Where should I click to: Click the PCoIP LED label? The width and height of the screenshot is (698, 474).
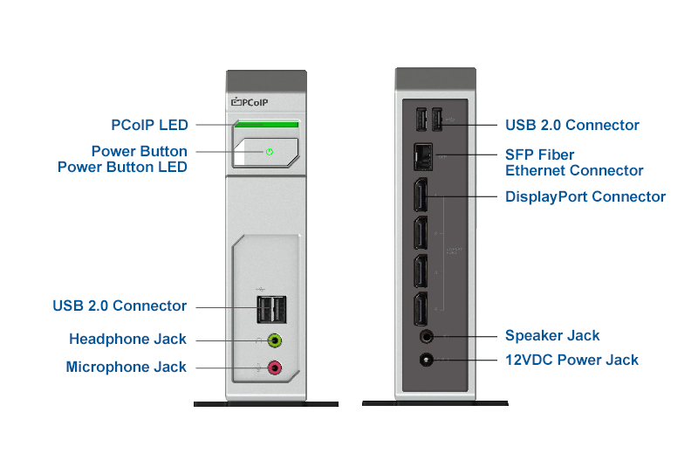point(149,125)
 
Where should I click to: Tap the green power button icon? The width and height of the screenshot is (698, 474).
point(270,152)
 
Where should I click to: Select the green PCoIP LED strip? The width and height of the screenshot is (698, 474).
point(266,125)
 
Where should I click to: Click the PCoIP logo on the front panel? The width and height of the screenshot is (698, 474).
point(250,103)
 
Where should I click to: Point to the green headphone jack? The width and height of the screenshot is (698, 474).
point(275,340)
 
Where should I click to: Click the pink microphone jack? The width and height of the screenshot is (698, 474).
point(275,368)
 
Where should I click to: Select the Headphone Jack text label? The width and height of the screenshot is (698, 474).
point(127,339)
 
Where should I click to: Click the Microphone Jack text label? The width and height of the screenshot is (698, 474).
point(126,368)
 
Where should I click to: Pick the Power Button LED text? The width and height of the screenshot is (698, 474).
point(122,167)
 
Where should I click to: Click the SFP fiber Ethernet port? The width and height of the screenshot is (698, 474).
point(422,155)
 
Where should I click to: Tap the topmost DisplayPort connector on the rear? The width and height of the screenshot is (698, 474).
point(421,194)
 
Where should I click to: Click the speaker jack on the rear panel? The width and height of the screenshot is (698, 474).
point(427,335)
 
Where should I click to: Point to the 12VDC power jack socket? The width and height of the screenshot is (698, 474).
point(427,360)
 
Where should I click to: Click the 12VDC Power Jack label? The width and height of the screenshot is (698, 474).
point(571,360)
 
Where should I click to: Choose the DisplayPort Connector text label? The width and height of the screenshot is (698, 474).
point(585,196)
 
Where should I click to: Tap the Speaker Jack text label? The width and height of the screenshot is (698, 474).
point(552,335)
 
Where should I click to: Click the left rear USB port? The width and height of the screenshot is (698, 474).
point(420,120)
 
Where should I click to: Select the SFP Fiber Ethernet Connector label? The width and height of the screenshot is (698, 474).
point(574,162)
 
